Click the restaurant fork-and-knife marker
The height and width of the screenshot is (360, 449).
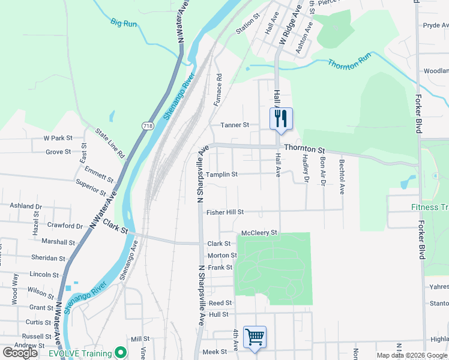(x=280, y=119)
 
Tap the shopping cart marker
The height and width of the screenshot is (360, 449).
(x=255, y=337)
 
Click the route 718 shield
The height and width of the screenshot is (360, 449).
(x=147, y=126)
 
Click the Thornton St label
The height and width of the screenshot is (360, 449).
(x=304, y=148)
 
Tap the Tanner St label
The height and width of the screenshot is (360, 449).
(x=235, y=125)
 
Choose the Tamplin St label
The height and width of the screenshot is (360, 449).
(x=222, y=175)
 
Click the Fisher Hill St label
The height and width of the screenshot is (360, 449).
(x=225, y=212)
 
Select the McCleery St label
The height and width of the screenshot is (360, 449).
(x=259, y=232)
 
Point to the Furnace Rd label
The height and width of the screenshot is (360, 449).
(x=218, y=90)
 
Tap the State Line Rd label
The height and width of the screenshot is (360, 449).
(x=110, y=142)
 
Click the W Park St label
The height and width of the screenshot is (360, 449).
(x=58, y=138)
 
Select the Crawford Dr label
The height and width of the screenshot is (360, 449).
(x=66, y=226)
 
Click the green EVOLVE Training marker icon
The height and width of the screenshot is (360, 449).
(x=120, y=352)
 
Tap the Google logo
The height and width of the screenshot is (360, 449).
(x=21, y=352)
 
